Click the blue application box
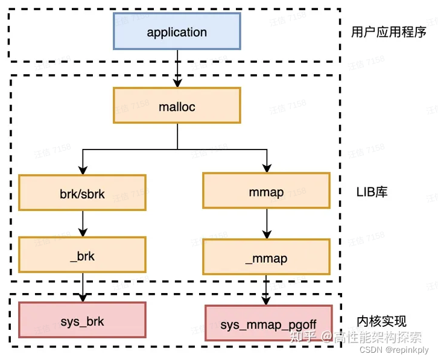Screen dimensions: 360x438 [x=177, y=31]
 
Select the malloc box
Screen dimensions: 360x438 [x=177, y=106]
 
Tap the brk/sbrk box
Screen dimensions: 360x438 [x=82, y=193]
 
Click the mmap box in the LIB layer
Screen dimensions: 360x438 [x=266, y=192]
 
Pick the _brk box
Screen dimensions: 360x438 [x=82, y=255]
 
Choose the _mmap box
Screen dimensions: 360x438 [x=266, y=258]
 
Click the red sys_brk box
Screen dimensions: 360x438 [x=82, y=320]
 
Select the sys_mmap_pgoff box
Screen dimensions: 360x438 [x=268, y=324]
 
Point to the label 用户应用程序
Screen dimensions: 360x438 [x=389, y=32]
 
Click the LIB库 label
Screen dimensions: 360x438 [x=372, y=192]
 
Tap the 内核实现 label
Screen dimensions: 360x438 [x=381, y=320]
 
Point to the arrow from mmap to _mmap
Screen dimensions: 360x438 [x=266, y=224]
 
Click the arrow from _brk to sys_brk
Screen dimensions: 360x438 [x=82, y=287]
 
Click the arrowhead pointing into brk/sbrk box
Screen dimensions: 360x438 [x=82, y=171]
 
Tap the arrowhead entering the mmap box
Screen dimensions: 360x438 [x=266, y=169]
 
